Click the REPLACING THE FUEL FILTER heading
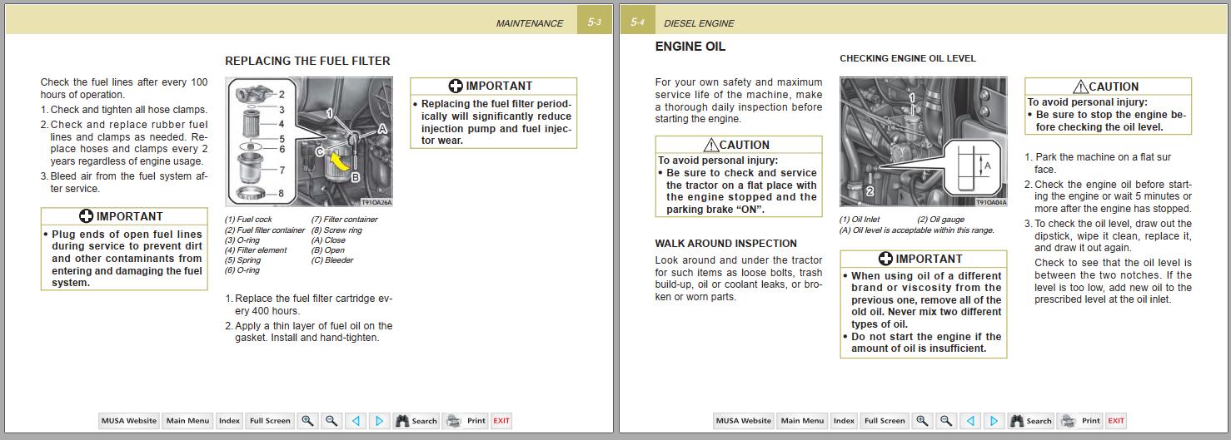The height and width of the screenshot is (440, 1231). pos(307,61)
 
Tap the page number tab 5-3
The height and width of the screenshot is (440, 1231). pos(594,22)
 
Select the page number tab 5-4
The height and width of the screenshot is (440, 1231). pos(637,22)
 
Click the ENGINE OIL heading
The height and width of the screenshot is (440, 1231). pos(690,47)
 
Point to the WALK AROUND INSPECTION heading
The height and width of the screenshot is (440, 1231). pos(725,244)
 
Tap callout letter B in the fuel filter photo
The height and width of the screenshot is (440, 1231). pos(355,176)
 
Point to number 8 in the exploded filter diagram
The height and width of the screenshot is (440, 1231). pos(282,194)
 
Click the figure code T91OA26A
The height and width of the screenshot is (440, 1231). pos(376,202)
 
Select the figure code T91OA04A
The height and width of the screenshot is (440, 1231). pos(991,202)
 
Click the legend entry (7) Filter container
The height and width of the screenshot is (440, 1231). pos(344,220)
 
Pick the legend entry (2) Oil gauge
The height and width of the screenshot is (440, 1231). pos(940,220)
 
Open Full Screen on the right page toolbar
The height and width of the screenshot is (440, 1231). pos(885,421)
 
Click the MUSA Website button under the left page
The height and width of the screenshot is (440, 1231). pos(128,421)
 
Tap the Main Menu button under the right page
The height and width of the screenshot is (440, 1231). pos(802,421)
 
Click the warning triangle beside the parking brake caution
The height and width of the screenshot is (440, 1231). pos(711,145)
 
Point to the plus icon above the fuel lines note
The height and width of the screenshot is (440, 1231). pos(86,216)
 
